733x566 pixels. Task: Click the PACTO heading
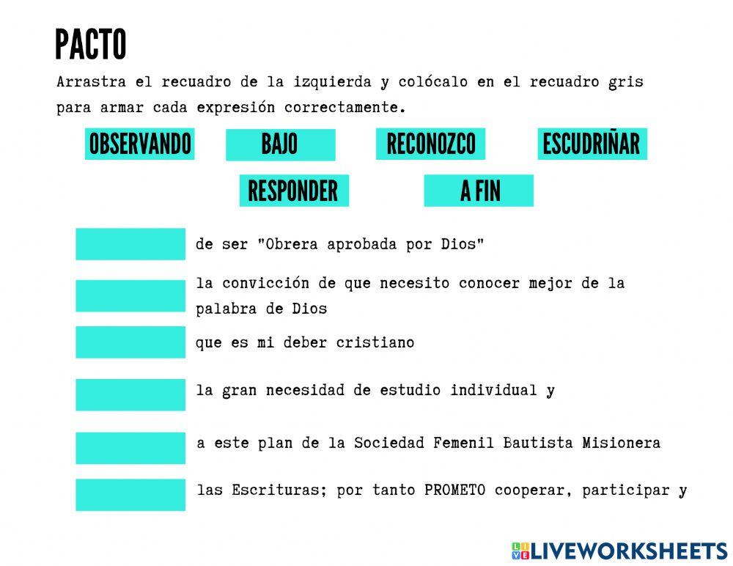click(90, 45)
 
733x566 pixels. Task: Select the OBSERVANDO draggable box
click(140, 144)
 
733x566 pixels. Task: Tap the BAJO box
click(280, 144)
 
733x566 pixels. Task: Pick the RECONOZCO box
click(431, 144)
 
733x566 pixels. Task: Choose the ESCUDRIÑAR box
click(592, 144)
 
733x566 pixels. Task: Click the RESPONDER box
click(294, 191)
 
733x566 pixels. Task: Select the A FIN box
click(479, 191)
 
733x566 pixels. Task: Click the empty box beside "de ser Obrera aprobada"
click(130, 244)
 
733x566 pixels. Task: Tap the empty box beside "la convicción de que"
click(130, 295)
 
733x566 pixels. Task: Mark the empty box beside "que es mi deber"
click(130, 342)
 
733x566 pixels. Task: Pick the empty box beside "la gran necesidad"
click(130, 394)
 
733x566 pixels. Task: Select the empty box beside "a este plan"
click(130, 447)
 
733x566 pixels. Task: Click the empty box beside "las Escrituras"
click(130, 495)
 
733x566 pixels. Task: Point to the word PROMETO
click(454, 490)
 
